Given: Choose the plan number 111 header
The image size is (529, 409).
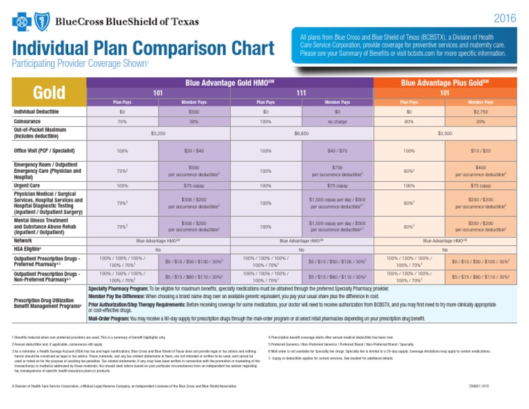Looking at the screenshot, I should tap(301, 92).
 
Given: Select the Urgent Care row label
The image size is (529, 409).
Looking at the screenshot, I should tap(28, 185).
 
